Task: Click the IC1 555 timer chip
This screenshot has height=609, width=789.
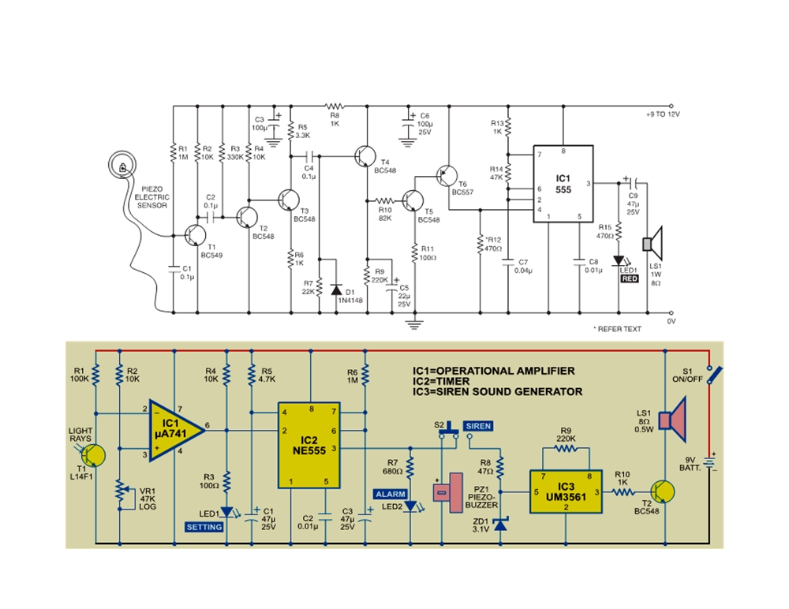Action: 563,185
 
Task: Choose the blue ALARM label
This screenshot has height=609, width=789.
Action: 391,494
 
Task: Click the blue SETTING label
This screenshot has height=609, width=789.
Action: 203,526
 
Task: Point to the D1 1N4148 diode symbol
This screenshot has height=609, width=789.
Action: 337,289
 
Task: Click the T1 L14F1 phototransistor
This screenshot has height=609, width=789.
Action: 93,456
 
